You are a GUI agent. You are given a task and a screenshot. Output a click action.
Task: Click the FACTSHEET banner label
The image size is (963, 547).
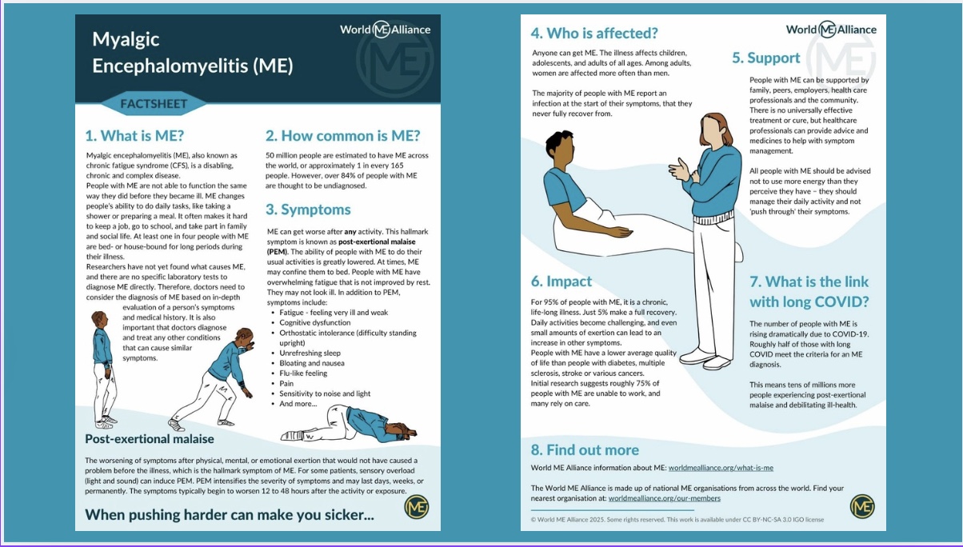tap(154, 103)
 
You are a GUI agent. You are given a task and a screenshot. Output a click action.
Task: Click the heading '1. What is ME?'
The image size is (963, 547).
tap(134, 135)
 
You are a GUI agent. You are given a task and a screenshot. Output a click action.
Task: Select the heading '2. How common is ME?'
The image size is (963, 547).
tap(343, 135)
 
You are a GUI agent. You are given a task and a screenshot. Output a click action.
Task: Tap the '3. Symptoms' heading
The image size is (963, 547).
tap(308, 210)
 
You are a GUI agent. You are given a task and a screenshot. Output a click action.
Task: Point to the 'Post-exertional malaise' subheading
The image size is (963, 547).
tap(150, 438)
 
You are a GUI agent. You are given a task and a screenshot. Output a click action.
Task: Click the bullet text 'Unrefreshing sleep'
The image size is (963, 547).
tap(310, 353)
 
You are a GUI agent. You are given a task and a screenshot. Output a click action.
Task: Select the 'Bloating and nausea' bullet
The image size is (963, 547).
tap(312, 363)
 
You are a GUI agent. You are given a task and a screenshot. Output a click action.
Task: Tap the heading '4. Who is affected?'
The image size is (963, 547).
tap(594, 33)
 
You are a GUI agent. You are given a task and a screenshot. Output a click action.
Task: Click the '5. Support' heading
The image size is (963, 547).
tap(765, 58)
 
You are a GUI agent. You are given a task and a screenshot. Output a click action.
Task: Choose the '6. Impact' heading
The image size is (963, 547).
tap(561, 281)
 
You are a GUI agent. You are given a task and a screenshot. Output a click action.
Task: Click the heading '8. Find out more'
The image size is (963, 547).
tap(585, 449)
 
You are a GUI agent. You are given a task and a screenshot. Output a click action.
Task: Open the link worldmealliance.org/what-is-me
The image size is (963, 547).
tap(721, 468)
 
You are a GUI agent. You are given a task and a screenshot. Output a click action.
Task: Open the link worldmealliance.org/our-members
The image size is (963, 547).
tap(664, 498)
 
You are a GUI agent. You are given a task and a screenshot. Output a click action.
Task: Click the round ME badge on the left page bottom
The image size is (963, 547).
tap(417, 507)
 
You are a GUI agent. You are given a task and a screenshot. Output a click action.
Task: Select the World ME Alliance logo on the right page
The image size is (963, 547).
tap(831, 30)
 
